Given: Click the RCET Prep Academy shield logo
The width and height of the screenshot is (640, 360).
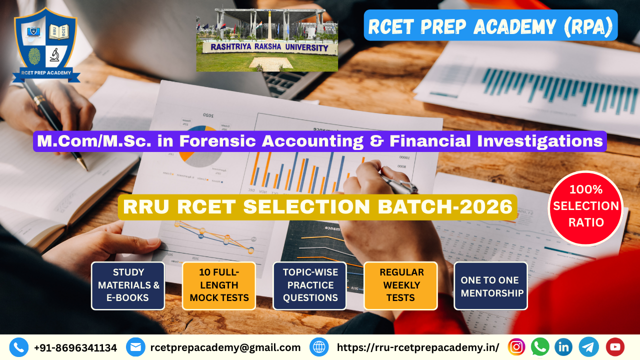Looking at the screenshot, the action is [46, 45].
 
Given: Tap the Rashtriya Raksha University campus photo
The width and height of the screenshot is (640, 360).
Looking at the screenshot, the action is [267, 40].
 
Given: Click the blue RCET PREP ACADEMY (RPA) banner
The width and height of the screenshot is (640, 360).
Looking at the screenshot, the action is [490, 25].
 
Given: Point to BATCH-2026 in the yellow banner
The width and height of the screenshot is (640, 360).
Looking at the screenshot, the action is [445, 206].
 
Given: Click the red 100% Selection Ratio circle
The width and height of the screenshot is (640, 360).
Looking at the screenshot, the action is [585, 208].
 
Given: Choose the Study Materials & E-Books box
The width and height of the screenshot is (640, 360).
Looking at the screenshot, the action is [128, 285].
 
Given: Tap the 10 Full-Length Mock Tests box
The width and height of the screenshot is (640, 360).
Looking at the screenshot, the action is [219, 285].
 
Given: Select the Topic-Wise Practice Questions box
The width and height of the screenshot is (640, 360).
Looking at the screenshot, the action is [309, 285].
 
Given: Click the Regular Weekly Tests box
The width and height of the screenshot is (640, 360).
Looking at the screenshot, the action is [400, 285].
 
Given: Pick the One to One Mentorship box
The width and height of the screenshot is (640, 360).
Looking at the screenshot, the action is [491, 285].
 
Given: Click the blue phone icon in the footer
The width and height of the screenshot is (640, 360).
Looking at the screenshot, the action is [19, 347].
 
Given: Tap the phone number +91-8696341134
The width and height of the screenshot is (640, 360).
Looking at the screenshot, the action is [75, 348].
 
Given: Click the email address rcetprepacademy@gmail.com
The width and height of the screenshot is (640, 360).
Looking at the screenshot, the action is [225, 347].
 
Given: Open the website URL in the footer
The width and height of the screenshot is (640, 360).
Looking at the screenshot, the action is [418, 347].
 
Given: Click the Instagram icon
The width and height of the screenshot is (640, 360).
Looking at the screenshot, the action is [516, 347].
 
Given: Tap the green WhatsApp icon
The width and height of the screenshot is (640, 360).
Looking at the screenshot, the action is [540, 347].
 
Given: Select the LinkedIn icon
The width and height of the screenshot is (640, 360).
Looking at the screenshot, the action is [563, 347].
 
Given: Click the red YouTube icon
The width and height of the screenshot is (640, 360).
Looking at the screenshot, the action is [615, 347].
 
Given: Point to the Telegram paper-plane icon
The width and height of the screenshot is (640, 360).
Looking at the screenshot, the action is [589, 347].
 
